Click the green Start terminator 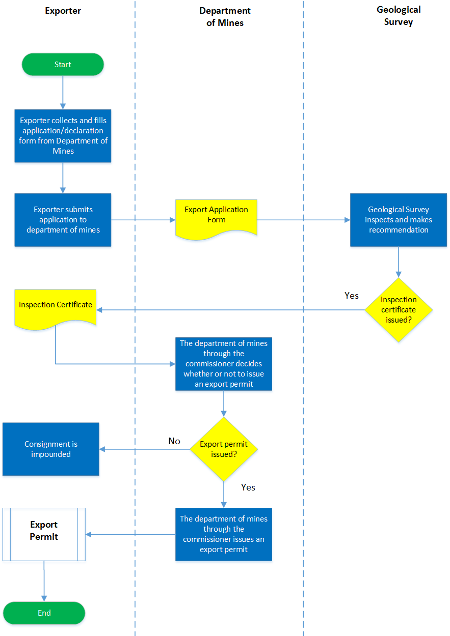[x=63, y=65]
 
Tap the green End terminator [x=44, y=613]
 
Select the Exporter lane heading [x=63, y=10]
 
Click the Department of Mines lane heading [x=225, y=17]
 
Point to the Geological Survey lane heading [x=399, y=16]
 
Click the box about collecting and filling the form [x=63, y=136]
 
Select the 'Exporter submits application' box [x=63, y=220]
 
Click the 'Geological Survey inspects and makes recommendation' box [x=399, y=220]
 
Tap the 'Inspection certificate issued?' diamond [x=399, y=309]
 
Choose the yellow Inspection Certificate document [x=56, y=306]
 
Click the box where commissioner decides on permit [x=224, y=364]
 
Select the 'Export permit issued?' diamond [x=224, y=449]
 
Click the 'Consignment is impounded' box [x=51, y=449]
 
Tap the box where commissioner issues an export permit [x=224, y=534]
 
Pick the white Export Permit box [x=44, y=534]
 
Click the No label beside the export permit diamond [x=174, y=441]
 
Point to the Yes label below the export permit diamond [x=248, y=487]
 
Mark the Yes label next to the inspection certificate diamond [x=352, y=296]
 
